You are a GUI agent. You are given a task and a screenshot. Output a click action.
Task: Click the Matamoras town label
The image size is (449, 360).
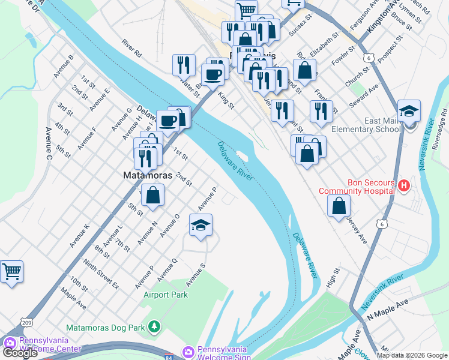[147, 176]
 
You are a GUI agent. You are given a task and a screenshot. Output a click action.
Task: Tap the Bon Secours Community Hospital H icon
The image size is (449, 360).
[404, 187]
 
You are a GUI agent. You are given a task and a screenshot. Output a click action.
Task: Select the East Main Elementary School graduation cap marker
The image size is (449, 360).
[409, 112]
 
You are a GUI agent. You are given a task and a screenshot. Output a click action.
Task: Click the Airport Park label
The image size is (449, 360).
[166, 295]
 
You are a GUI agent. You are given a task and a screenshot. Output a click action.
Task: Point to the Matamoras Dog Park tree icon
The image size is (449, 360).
[155, 327]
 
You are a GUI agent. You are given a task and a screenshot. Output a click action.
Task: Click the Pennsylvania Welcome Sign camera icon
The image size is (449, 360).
[188, 350]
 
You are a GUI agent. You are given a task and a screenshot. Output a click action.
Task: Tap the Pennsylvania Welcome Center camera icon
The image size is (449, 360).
[9, 344]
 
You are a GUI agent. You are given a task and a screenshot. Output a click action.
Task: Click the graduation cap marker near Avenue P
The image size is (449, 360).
[201, 226]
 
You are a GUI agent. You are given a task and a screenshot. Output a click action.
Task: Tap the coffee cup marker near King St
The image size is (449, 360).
[212, 75]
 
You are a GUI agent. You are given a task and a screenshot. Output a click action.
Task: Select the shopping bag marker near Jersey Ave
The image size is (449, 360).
[339, 206]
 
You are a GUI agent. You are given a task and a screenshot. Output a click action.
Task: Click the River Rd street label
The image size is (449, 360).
[131, 49]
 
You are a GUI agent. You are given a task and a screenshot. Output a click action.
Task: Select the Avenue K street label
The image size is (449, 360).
[79, 235]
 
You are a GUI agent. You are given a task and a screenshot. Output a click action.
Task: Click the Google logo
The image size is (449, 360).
[20, 353]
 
